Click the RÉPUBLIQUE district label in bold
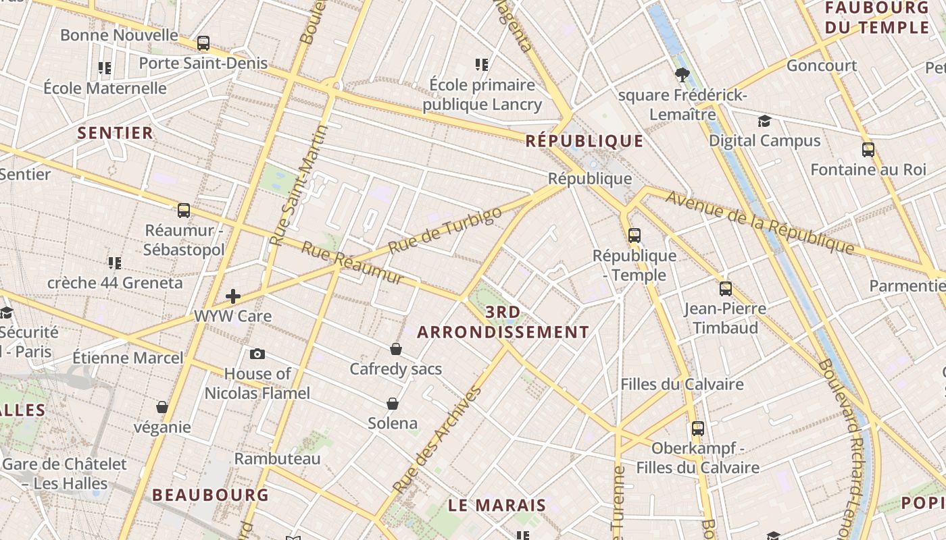[x=584, y=141]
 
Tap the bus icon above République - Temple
[x=634, y=236]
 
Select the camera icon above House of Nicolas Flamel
[x=257, y=354]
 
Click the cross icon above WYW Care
[x=233, y=296]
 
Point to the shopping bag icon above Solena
[x=393, y=404]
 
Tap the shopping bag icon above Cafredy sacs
[x=396, y=349]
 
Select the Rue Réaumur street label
[x=352, y=263]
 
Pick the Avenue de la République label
[x=760, y=222]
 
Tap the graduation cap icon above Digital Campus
[x=764, y=121]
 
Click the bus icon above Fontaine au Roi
[x=868, y=149]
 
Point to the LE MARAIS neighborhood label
[x=497, y=505]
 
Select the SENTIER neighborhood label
[x=116, y=133]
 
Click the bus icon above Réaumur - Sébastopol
[x=184, y=211]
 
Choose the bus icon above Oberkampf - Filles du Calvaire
[x=697, y=429]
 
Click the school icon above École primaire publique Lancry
[x=482, y=65]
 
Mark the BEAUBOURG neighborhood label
[x=211, y=495]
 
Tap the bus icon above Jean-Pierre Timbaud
[x=726, y=289]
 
